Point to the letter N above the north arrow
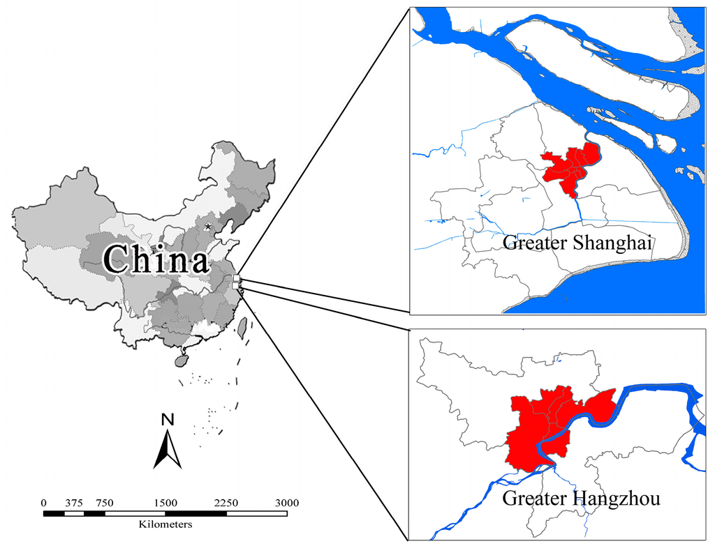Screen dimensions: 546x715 [x=167, y=420]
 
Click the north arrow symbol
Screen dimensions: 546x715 [x=168, y=450]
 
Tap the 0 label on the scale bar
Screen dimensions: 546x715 [x=44, y=503]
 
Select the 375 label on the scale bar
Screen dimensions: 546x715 [x=74, y=503]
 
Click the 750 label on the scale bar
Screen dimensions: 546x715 [x=105, y=503]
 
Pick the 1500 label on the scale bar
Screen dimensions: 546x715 [x=165, y=503]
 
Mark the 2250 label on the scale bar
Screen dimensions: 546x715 [x=226, y=503]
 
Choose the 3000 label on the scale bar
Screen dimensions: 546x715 [x=286, y=503]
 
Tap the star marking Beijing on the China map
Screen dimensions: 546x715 [x=207, y=227]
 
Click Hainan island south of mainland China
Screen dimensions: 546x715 [x=181, y=361]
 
